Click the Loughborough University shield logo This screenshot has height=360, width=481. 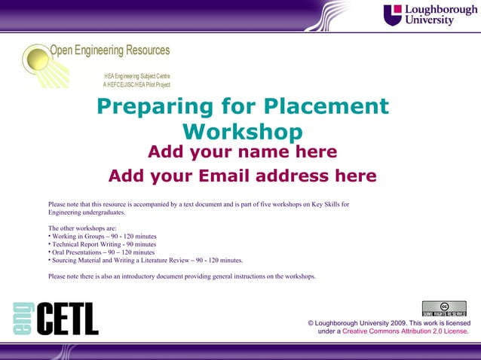tap(393, 14)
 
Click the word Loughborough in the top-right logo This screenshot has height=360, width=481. tap(441, 10)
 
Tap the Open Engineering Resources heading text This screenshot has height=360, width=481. tap(110, 50)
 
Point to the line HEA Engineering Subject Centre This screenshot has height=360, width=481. tap(137, 77)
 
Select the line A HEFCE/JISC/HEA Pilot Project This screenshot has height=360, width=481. tap(136, 85)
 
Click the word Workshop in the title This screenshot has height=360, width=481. tap(242, 132)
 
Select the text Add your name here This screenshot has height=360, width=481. tap(242, 153)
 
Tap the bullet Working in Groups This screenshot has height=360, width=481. tap(104, 236)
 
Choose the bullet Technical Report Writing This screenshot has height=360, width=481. tap(104, 244)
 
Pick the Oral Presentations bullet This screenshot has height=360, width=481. tap(103, 252)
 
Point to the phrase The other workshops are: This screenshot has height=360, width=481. tap(82, 227)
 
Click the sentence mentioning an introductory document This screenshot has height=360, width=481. tap(181, 276)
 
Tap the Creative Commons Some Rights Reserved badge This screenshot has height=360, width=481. tap(444, 309)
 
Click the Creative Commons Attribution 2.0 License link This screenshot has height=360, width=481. tap(406, 331)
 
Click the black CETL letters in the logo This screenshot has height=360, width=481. tap(67, 319)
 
